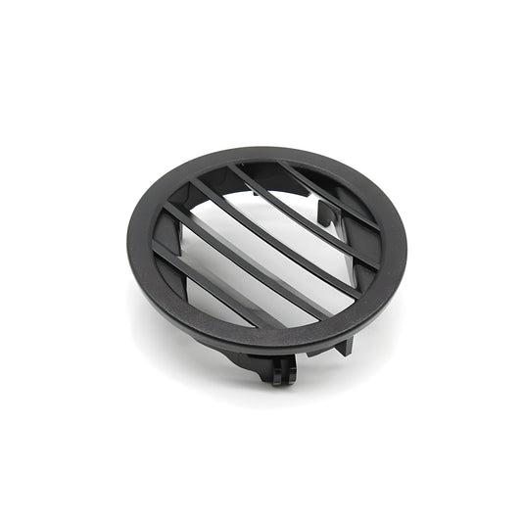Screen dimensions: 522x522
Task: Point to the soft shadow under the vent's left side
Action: (x=157, y=313)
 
